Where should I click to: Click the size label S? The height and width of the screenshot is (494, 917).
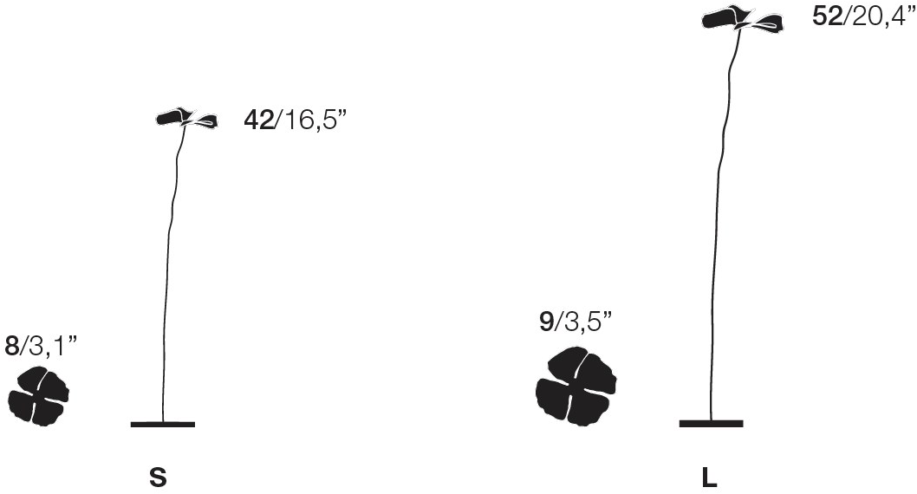[x=158, y=478]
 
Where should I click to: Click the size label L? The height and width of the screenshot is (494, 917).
[x=709, y=478]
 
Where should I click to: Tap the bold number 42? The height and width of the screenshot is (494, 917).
[x=259, y=120]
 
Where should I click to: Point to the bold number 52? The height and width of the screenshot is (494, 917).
[x=827, y=17]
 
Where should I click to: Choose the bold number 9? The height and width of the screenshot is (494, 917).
[x=546, y=322]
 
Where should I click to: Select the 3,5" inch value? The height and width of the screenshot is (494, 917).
[x=587, y=322]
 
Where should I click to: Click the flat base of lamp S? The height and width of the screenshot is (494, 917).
[x=162, y=424]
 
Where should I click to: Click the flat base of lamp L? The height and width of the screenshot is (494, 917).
[x=711, y=423]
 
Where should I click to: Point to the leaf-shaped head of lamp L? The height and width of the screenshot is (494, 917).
[x=742, y=20]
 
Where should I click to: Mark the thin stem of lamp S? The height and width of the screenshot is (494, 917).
[x=169, y=277]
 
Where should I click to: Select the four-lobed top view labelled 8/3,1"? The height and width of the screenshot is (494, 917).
[x=38, y=395]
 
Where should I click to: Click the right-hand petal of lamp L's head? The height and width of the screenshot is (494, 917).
[x=764, y=25]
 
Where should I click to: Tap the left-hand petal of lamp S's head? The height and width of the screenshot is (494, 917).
[x=172, y=116]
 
